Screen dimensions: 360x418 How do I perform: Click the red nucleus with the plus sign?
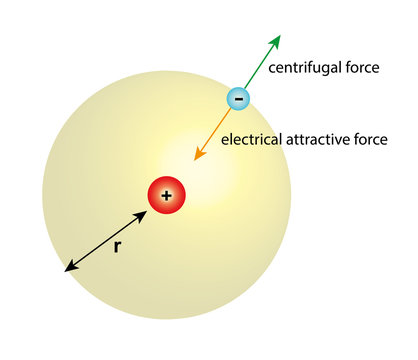coord(166,196)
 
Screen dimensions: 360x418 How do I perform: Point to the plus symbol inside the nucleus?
coord(166,196)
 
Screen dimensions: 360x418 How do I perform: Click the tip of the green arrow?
coord(280,36)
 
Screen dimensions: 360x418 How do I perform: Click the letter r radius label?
coord(117,246)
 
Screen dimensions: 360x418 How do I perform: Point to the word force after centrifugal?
coord(361,69)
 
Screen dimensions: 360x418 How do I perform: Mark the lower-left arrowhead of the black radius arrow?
coord(65,271)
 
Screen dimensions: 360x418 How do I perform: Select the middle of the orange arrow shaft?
coord(214,133)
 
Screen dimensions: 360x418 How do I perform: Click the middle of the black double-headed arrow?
coord(106,241)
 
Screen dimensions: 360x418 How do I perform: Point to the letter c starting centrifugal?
coord(272,70)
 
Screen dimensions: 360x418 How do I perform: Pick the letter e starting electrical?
coord(224,140)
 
